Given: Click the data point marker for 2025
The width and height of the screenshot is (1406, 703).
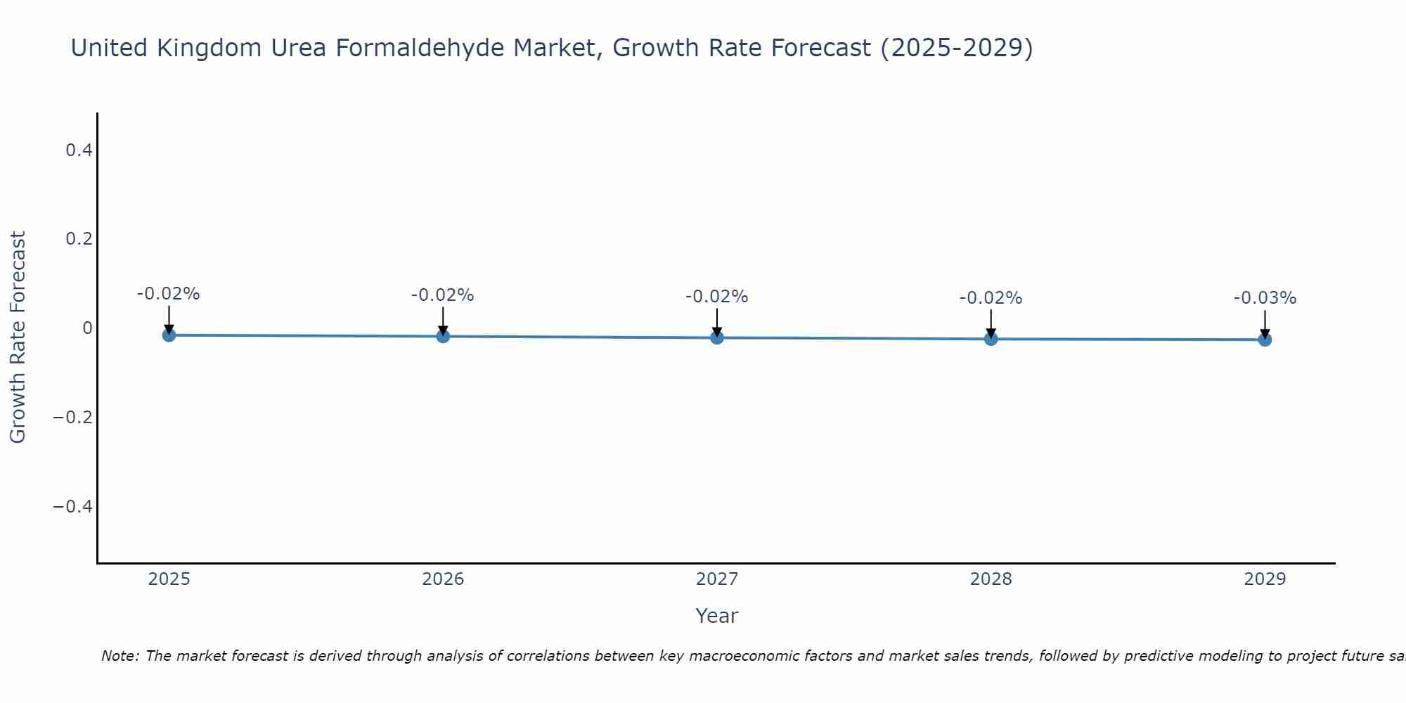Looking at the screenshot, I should pyautogui.click(x=169, y=335).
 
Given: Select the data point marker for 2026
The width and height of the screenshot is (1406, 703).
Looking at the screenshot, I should pyautogui.click(x=443, y=337).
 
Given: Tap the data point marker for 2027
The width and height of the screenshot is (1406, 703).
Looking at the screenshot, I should pyautogui.click(x=717, y=338).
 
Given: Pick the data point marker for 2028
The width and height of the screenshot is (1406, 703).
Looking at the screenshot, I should pyautogui.click(x=991, y=339).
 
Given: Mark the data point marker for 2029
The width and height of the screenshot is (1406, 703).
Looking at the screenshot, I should pyautogui.click(x=1265, y=340).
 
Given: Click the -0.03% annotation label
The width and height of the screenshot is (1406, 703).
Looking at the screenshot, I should pyautogui.click(x=1265, y=298).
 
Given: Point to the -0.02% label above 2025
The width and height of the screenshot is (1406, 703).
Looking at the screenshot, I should pyautogui.click(x=169, y=294).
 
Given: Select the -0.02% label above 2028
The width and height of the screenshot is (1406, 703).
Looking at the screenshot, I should pyautogui.click(x=991, y=298).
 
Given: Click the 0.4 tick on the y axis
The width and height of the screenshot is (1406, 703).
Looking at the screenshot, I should pyautogui.click(x=79, y=150).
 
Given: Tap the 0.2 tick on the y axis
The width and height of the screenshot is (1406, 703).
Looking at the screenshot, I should pyautogui.click(x=79, y=239).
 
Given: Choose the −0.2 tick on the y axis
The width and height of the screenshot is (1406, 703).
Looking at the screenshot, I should pyautogui.click(x=72, y=418).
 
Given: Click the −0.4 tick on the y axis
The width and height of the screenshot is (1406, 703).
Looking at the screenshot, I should pyautogui.click(x=72, y=507).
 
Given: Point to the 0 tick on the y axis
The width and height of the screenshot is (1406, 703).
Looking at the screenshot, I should pyautogui.click(x=87, y=328).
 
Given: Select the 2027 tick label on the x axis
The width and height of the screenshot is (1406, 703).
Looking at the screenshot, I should pyautogui.click(x=717, y=579).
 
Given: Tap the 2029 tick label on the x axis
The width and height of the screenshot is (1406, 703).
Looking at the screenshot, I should pyautogui.click(x=1265, y=579).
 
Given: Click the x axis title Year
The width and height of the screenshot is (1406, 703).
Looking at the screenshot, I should pyautogui.click(x=716, y=616).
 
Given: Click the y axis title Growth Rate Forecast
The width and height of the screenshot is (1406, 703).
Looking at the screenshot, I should pyautogui.click(x=18, y=337).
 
